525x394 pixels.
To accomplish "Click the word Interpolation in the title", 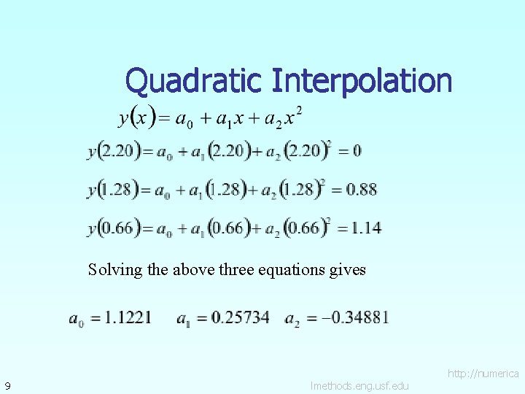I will [362, 81].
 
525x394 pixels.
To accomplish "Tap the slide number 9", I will [7, 385].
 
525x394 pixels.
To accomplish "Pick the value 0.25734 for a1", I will [238, 318].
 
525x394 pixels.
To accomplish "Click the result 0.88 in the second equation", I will [362, 190].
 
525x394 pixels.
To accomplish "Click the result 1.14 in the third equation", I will [365, 228].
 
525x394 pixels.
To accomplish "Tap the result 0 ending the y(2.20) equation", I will [357, 152].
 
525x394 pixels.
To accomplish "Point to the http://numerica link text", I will [483, 374].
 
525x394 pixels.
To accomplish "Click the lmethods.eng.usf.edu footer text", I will [359, 385].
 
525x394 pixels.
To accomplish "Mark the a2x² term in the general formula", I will [284, 117].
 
